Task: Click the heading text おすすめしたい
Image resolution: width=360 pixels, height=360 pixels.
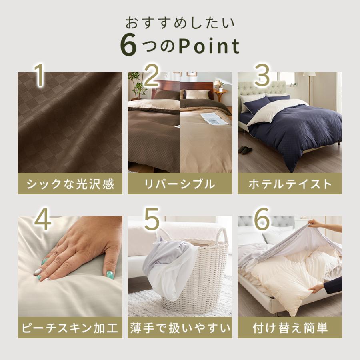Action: coord(180,22)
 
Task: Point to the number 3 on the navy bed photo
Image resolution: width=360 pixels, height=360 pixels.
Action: coord(262,76)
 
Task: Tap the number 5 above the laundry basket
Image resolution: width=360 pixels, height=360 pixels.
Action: coord(152,220)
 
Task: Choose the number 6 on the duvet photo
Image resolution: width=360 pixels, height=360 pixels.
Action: coord(261,220)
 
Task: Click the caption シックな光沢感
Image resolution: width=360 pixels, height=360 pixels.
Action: coord(70,184)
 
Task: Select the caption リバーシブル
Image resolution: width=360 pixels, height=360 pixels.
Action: coord(180,184)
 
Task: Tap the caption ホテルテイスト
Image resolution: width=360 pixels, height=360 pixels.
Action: coord(290,184)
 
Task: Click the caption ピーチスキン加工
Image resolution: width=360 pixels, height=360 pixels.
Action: coord(70,328)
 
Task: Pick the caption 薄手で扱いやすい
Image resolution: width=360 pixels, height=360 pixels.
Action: coord(180,328)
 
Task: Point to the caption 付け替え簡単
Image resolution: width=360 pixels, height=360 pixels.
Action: coord(290,328)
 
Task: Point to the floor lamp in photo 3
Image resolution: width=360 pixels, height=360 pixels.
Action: coord(308,86)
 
